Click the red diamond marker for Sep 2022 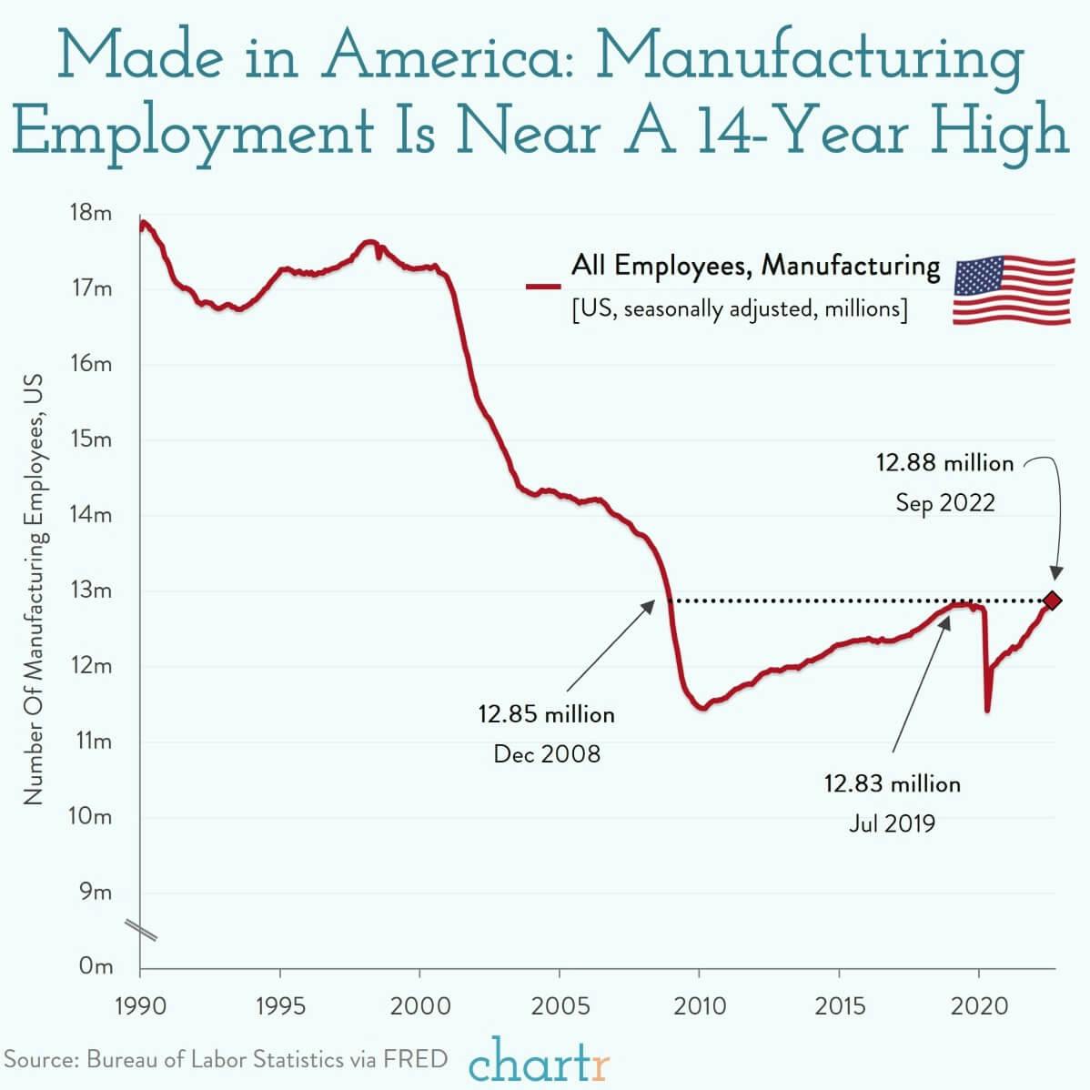(1053, 601)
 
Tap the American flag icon (1014, 290)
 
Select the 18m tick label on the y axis (90, 213)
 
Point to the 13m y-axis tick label (90, 590)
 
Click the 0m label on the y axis (96, 966)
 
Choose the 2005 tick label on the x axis (560, 1006)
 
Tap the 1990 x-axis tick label (140, 1006)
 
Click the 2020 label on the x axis (978, 1006)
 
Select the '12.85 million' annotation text (547, 714)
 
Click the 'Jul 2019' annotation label (892, 823)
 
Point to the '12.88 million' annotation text (944, 463)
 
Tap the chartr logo (540, 1061)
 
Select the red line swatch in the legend (543, 286)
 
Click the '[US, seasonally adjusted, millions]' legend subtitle (740, 309)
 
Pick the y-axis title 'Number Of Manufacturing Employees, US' (34, 591)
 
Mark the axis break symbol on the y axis (141, 930)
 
